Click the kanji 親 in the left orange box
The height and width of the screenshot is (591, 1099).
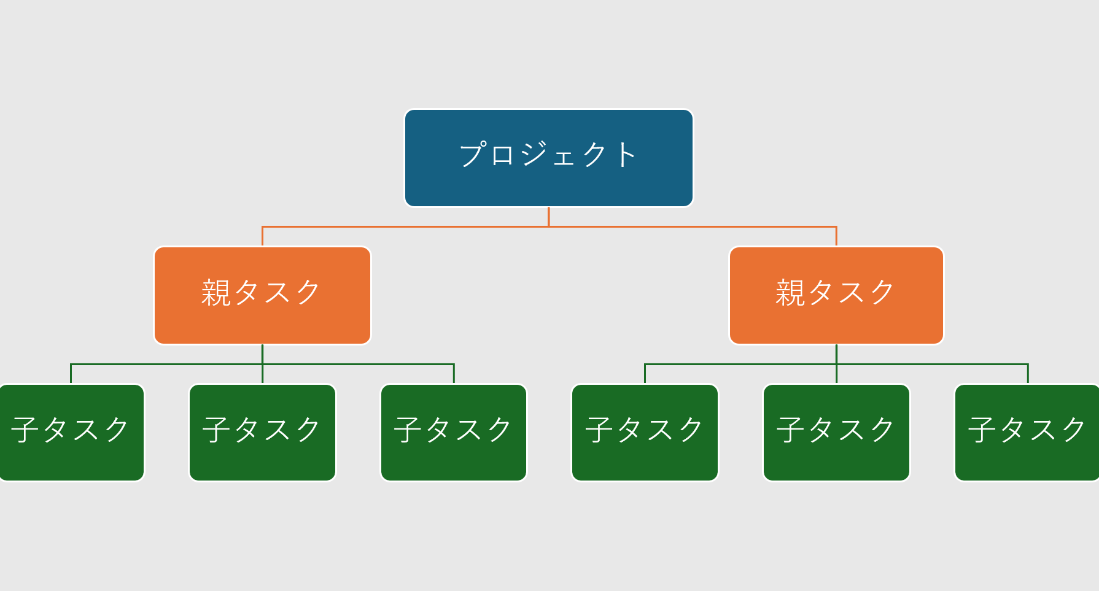pos(216,292)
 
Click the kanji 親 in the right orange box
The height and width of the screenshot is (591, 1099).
pos(790,292)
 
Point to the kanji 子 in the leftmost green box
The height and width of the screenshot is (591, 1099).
pos(25,430)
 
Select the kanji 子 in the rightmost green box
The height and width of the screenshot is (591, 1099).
pos(982,430)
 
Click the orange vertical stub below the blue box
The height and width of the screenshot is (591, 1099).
pos(548,217)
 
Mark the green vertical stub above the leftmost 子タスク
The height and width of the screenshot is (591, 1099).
pos(71,374)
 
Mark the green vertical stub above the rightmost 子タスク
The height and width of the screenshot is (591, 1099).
pos(1028,374)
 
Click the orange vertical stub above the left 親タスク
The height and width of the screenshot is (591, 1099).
pos(262,236)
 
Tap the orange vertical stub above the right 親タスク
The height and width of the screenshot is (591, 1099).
pos(836,236)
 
